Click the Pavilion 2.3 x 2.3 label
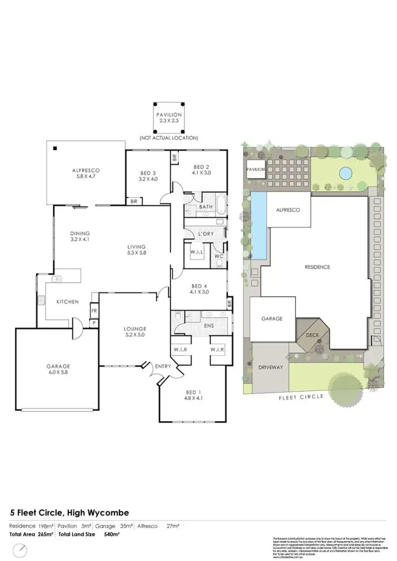(168, 118)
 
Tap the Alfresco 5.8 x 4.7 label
(86, 174)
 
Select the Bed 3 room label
(148, 176)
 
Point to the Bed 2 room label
(201, 169)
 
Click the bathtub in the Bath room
(221, 206)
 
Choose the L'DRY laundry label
(206, 234)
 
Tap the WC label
(219, 256)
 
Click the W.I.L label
(197, 252)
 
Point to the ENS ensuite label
(209, 326)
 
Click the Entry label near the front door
(161, 366)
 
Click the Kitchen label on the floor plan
(68, 301)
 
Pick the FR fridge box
(94, 311)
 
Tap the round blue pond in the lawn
(346, 173)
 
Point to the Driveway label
(270, 367)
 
